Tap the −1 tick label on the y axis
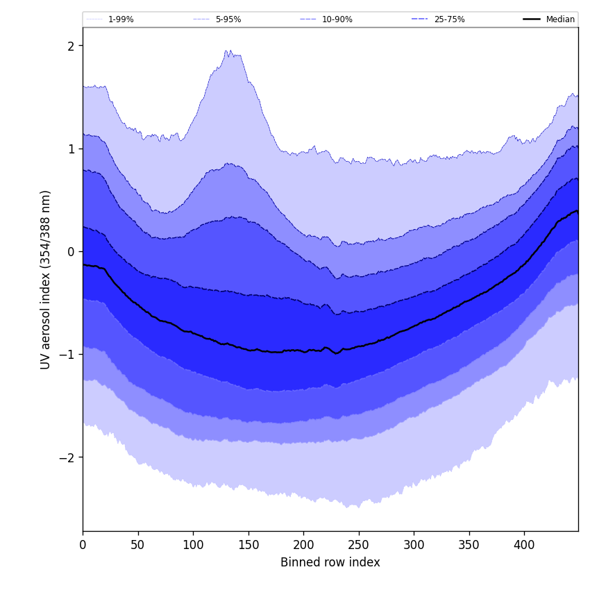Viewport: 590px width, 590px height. (x=69, y=354)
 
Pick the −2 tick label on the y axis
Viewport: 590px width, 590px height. (x=69, y=457)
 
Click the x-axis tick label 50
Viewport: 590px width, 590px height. (x=137, y=545)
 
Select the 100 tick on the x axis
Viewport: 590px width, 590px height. (x=193, y=545)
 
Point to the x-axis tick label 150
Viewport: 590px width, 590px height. (x=248, y=545)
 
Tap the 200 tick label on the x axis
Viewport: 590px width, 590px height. (x=303, y=545)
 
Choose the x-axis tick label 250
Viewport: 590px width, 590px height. (x=358, y=545)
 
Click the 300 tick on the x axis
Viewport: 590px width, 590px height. (x=414, y=545)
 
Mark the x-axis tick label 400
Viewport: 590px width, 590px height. (x=524, y=545)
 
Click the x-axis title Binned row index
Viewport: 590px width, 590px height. (x=330, y=562)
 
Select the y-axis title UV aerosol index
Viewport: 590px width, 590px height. (x=46, y=279)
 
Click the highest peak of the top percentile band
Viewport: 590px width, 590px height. (x=227, y=51)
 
